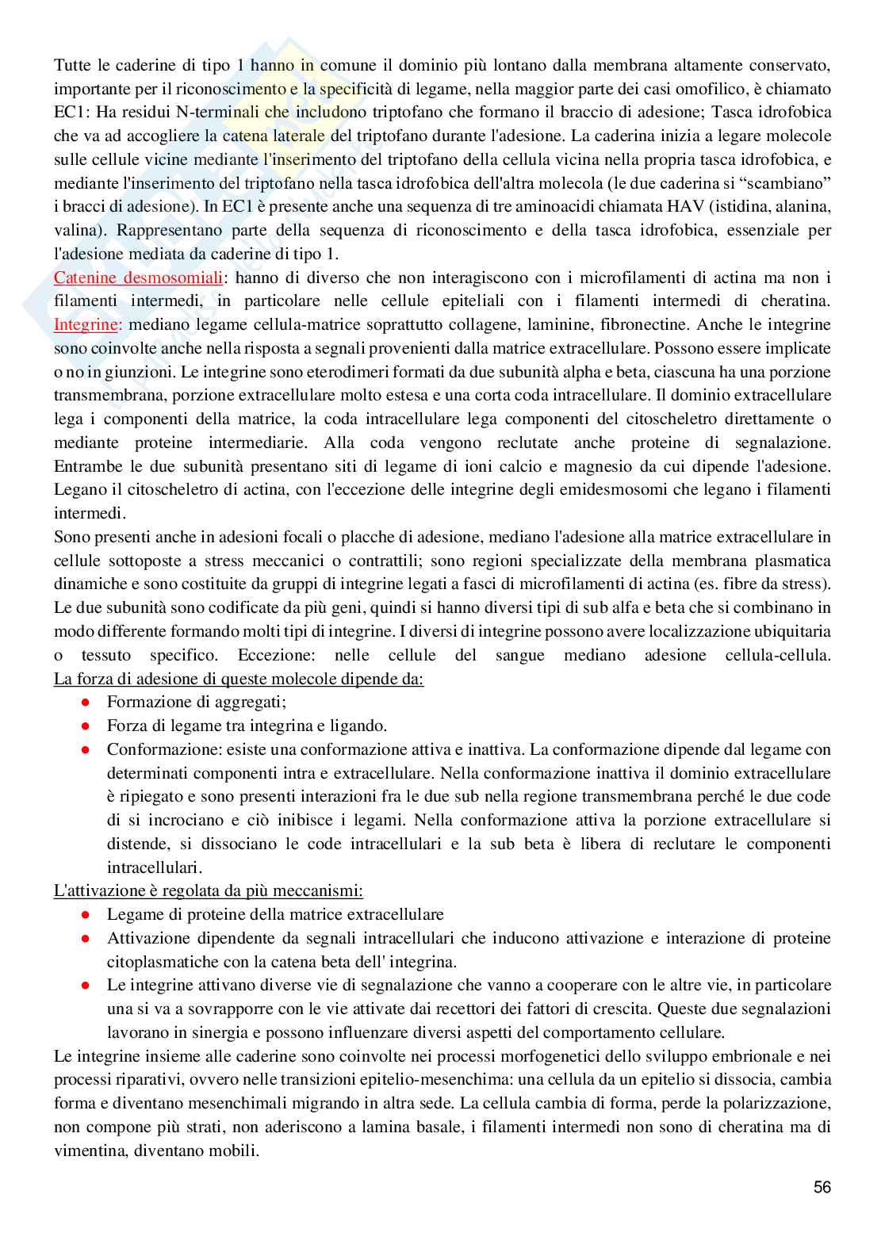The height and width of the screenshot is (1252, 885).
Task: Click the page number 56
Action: [x=822, y=1187]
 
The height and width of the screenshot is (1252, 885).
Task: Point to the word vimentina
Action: [x=92, y=1150]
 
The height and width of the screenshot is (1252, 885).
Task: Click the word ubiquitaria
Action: [x=790, y=631]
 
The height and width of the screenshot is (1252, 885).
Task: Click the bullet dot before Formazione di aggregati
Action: [x=86, y=702]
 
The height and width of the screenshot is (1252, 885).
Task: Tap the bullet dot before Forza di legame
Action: [x=86, y=726]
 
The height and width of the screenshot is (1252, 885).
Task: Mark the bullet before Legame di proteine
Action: [x=86, y=914]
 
